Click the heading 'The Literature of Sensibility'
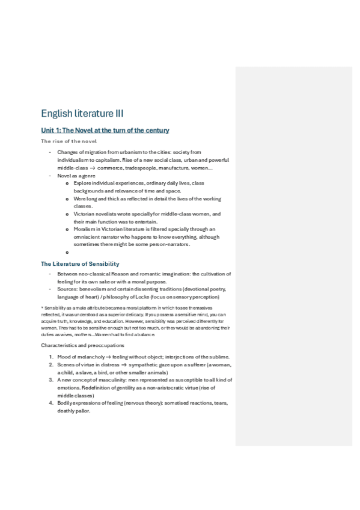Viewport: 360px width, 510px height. [80, 264]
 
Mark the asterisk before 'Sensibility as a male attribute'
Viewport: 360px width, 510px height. [41, 308]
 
